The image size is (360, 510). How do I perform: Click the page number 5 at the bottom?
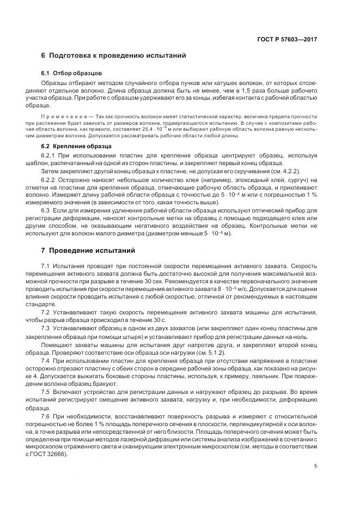(316, 466)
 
